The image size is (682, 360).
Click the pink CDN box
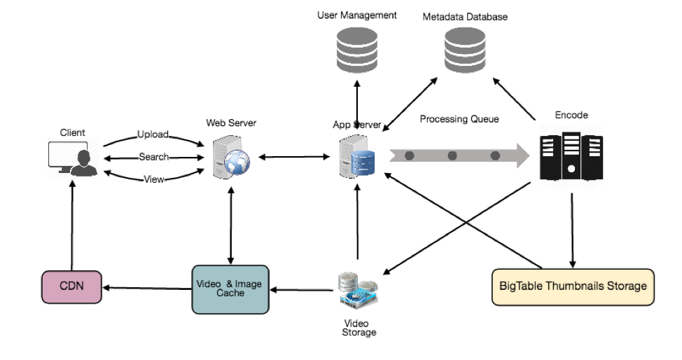pyautogui.click(x=71, y=287)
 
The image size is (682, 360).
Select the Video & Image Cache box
pyautogui.click(x=230, y=289)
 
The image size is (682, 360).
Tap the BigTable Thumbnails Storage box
pyautogui.click(x=573, y=287)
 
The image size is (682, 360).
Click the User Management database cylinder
pyautogui.click(x=357, y=50)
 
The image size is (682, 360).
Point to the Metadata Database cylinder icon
pyautogui.click(x=465, y=50)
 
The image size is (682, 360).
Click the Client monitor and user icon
pyautogui.click(x=73, y=158)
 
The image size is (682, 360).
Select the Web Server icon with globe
pyautogui.click(x=231, y=157)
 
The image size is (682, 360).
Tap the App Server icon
pyautogui.click(x=356, y=156)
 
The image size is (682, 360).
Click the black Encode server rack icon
pyautogui.click(x=571, y=156)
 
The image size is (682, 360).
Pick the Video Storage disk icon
pyautogui.click(x=358, y=291)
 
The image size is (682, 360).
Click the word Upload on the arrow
pyautogui.click(x=153, y=134)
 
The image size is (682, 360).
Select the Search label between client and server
pyautogui.click(x=154, y=157)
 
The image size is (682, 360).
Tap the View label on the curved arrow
pyautogui.click(x=154, y=179)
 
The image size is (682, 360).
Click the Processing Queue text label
pyautogui.click(x=459, y=119)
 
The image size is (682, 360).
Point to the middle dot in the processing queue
pyautogui.click(x=452, y=155)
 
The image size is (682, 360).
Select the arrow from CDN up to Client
pyautogui.click(x=72, y=226)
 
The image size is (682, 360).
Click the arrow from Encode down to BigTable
pyautogui.click(x=572, y=230)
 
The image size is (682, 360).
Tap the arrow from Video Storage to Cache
pyautogui.click(x=302, y=290)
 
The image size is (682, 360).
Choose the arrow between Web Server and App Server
pyautogui.click(x=295, y=157)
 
